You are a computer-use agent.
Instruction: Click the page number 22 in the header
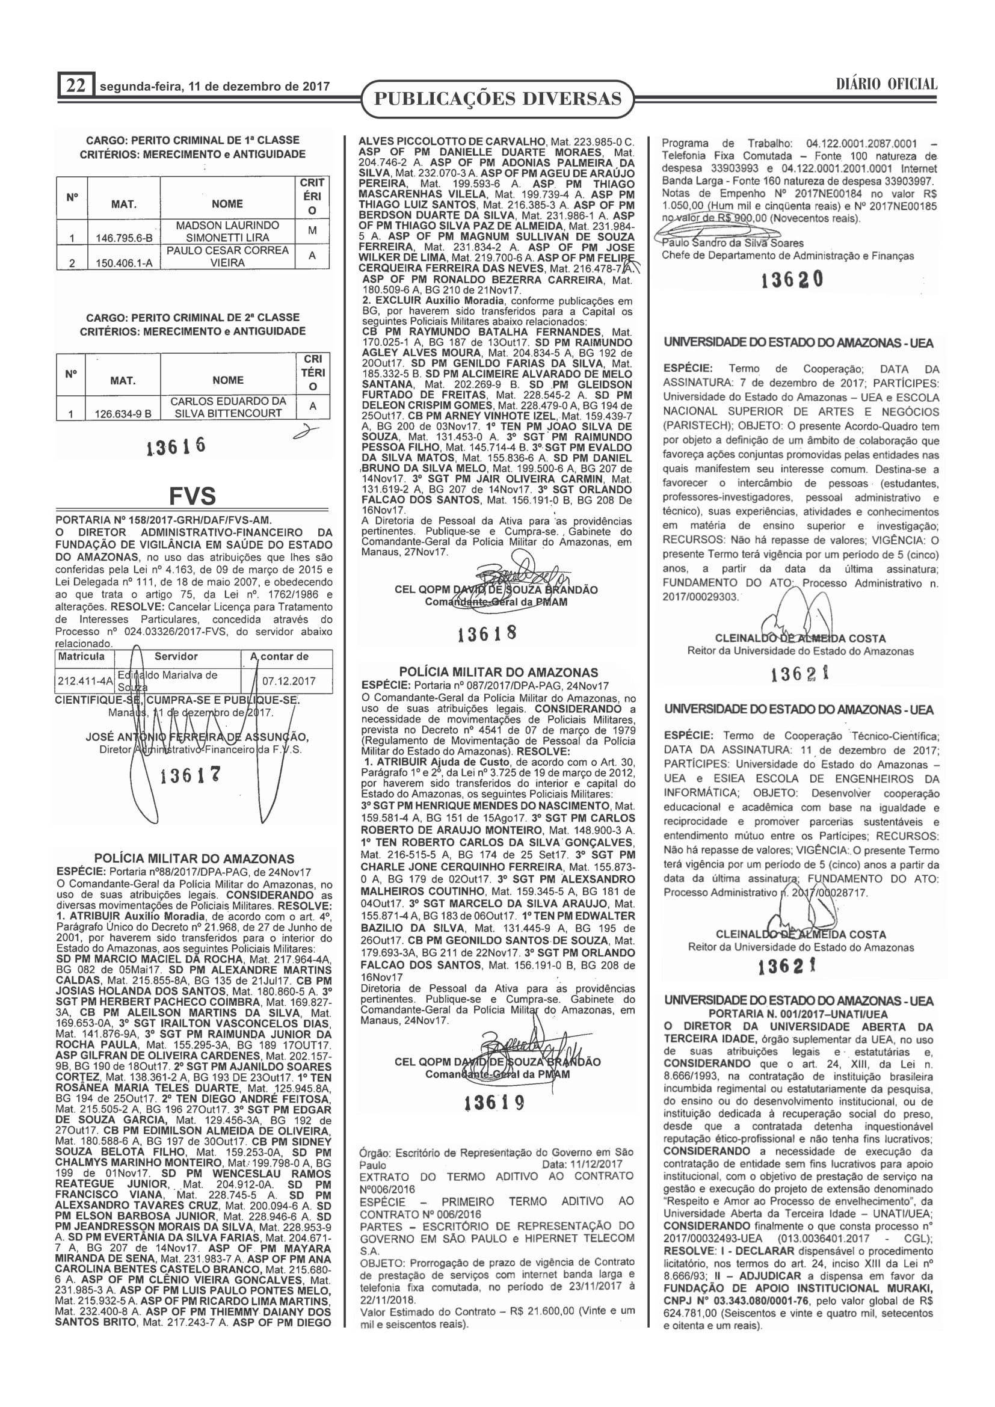(x=75, y=85)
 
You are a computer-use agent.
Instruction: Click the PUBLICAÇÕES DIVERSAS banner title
(x=497, y=99)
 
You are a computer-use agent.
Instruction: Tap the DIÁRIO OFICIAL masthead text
(x=886, y=84)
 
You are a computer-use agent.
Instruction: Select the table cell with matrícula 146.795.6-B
(x=124, y=238)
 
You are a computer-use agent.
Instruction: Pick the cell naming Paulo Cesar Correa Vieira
(x=227, y=256)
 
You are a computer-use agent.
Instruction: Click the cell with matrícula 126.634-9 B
(x=123, y=414)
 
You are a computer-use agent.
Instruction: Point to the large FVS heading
(x=193, y=495)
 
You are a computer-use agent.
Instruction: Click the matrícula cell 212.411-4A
(x=85, y=681)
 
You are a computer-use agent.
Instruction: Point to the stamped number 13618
(x=487, y=633)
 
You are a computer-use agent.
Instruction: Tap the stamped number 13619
(x=494, y=1103)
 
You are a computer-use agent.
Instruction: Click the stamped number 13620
(x=792, y=280)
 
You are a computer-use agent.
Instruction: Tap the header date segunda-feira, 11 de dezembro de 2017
(x=214, y=87)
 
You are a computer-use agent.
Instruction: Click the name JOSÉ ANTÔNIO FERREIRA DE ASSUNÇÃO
(x=197, y=737)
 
